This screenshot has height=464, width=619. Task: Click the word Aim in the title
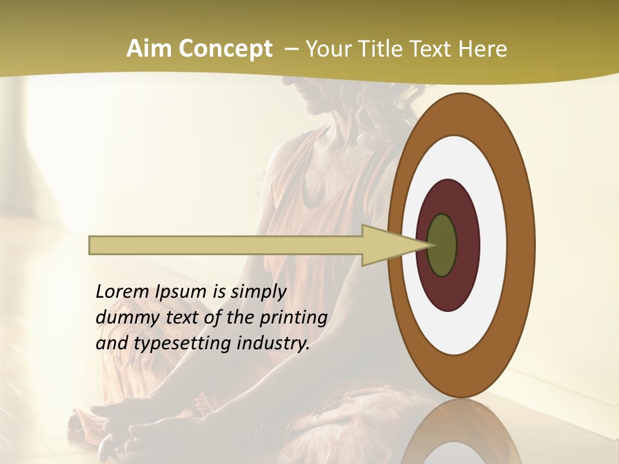tap(150, 49)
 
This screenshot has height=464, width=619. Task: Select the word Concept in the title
tap(224, 49)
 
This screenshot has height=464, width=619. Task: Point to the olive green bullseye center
tap(442, 246)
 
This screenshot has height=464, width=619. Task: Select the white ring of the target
tap(494, 246)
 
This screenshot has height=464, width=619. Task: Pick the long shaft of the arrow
tap(226, 246)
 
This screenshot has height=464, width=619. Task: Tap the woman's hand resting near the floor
tap(116, 416)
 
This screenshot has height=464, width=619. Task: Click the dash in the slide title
tap(290, 49)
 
